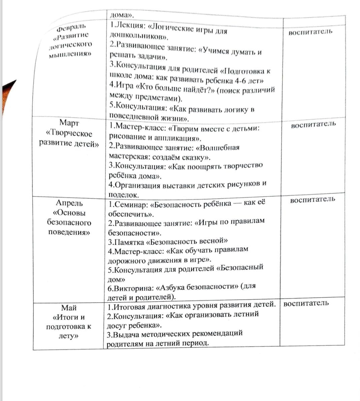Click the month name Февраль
71,26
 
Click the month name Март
69,123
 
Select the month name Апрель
69,203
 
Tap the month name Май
69,307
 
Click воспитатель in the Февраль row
310,32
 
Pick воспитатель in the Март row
313,124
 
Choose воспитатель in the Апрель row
313,199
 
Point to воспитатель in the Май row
306,303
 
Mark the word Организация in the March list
137,185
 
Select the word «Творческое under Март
69,133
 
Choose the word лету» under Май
69,336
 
